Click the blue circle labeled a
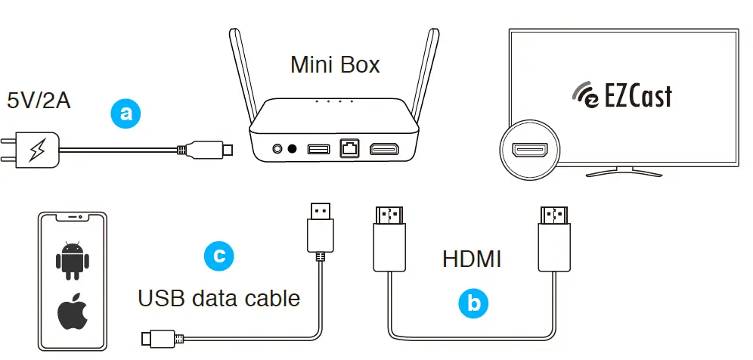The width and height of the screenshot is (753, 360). tap(126, 113)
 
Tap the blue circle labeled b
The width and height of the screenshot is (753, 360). tap(474, 303)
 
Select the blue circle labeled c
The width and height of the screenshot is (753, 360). tap(219, 256)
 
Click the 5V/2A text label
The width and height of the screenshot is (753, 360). tap(39, 100)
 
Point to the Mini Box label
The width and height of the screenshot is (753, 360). tap(335, 65)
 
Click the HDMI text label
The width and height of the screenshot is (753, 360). tap(472, 259)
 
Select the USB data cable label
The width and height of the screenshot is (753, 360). tap(218, 298)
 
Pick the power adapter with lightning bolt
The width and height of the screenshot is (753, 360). tap(35, 151)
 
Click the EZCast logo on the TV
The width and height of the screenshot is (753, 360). tap(621, 95)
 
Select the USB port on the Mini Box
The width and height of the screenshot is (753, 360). tap(318, 148)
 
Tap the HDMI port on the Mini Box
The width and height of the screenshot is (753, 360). tap(388, 148)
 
